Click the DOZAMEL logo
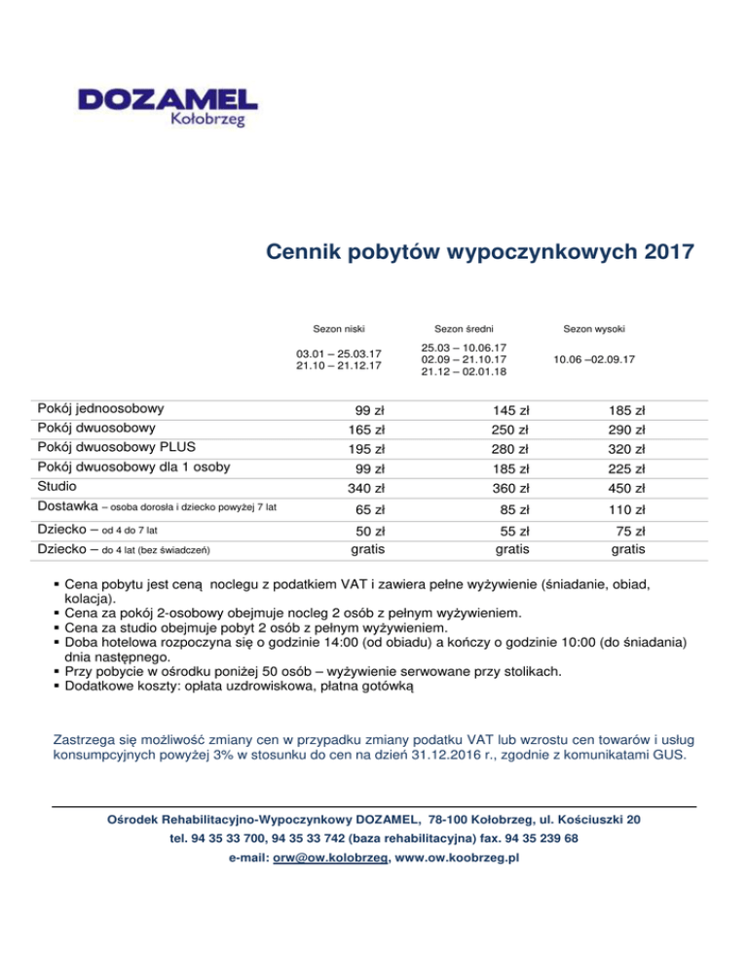(168, 105)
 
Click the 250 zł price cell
(510, 429)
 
